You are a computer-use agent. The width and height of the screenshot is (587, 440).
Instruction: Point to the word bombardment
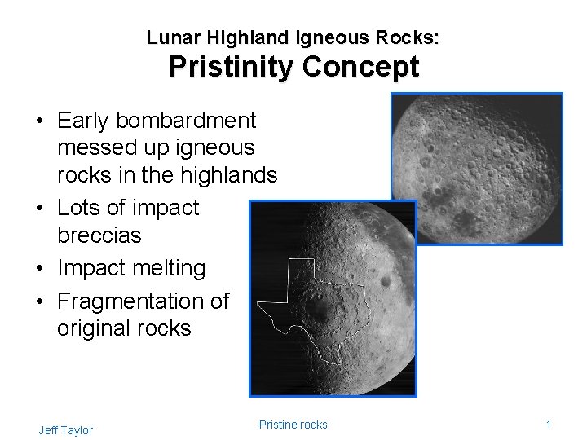click(x=186, y=121)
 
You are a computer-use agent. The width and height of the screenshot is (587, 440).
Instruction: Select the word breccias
click(x=99, y=235)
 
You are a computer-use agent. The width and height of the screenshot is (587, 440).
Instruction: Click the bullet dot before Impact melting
click(x=40, y=269)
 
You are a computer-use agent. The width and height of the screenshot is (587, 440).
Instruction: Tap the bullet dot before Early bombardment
click(x=40, y=121)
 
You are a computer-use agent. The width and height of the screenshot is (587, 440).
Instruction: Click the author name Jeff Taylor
click(x=65, y=430)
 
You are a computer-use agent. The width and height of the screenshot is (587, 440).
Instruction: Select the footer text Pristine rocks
click(x=293, y=424)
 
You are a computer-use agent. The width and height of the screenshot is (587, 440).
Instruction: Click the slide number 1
click(x=549, y=425)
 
